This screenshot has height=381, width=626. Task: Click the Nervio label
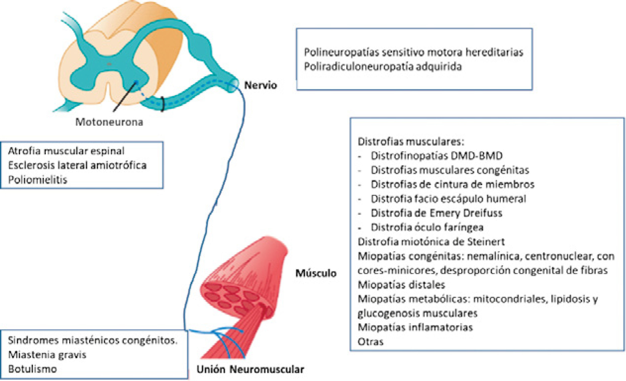coord(260,85)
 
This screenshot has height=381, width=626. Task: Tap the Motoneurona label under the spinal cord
coord(109,122)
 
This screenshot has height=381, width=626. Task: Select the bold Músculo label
coord(316,273)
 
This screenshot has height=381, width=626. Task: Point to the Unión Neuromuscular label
coord(250,369)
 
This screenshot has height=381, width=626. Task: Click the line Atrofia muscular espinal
coord(66,151)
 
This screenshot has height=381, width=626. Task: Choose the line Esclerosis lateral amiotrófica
coord(77,165)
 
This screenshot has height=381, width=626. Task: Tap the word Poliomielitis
coord(38,180)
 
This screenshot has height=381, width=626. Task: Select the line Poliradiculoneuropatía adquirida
coord(383,67)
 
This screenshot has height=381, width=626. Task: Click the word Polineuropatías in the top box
coord(341,52)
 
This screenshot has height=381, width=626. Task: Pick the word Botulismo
coord(32,369)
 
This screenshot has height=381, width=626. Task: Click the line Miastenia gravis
coord(47,355)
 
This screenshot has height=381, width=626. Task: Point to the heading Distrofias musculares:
coord(411,141)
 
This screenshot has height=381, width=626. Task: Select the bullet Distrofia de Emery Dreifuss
coord(436,213)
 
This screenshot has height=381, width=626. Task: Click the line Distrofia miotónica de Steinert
coord(431,242)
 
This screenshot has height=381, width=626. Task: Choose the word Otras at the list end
coord(370,342)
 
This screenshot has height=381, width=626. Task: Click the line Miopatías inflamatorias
coord(415,327)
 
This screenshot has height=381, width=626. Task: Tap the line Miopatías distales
coord(401,285)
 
